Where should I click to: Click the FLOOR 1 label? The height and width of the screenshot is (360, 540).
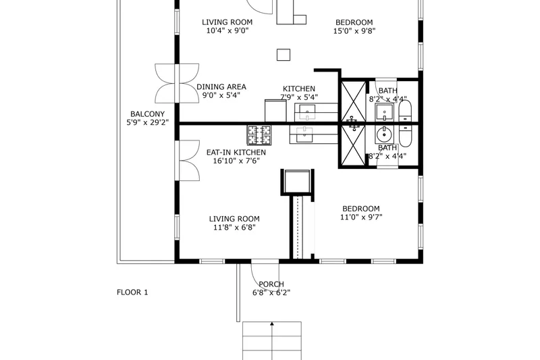132,292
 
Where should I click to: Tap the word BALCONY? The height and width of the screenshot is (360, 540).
147,114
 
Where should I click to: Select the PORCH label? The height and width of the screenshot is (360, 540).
271,284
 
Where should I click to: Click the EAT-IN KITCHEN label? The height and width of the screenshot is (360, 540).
236,152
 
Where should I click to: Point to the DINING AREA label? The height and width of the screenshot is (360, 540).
221,87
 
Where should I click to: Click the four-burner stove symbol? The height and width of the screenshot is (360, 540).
259,135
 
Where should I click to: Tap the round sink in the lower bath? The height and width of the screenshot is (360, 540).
384,134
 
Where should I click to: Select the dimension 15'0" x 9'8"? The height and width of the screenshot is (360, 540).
354,31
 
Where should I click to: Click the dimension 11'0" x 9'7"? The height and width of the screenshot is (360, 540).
361,217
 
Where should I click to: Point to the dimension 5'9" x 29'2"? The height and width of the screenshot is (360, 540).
147,122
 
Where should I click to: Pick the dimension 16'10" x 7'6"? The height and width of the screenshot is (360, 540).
236,161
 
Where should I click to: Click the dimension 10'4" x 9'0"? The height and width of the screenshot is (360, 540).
227,30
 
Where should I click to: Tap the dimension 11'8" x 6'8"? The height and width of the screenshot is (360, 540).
234,228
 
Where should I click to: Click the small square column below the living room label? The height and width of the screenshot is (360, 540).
283,55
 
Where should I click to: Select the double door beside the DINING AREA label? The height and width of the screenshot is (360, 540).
177,83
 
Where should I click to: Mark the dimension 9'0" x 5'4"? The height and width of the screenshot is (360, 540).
221,95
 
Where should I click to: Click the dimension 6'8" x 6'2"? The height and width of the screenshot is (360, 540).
271,293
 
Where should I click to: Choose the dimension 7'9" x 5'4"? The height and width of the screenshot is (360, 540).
299,97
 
